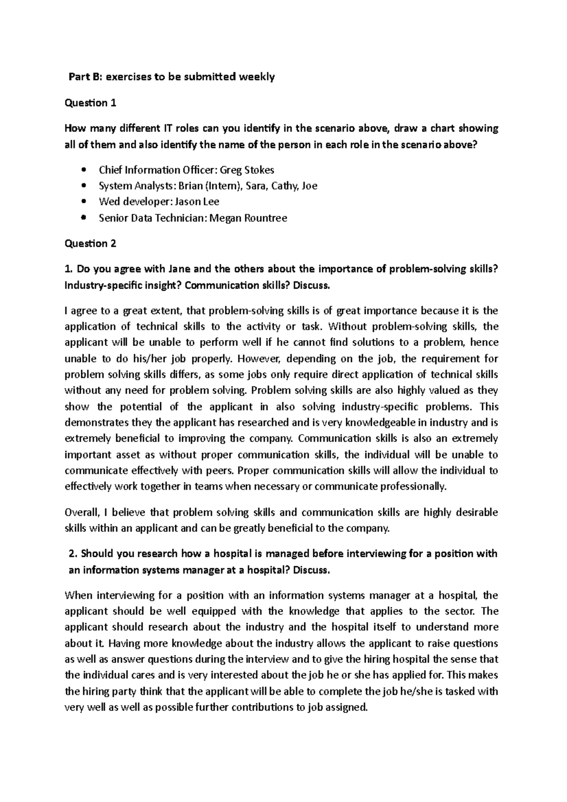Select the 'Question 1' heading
coord(90,102)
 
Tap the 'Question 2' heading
coord(90,243)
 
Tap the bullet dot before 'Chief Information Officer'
coord(84,170)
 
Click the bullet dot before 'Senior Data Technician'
coord(84,218)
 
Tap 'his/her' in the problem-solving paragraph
coord(137,358)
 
